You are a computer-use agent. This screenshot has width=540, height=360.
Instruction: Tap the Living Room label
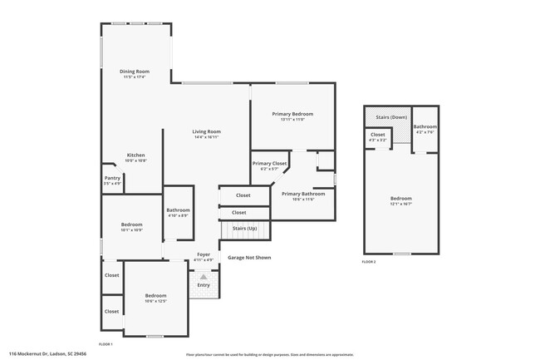pos(207,131)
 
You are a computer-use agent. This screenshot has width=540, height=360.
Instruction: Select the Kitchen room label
pos(136,155)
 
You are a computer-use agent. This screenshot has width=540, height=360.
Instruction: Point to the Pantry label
pos(112,178)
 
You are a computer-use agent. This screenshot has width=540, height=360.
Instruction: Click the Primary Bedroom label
pos(293,113)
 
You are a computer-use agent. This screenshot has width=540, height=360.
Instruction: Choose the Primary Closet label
pos(269,164)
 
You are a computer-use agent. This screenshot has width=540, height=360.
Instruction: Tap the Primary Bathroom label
pos(297,194)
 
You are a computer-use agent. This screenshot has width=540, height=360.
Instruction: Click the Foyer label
pos(204,254)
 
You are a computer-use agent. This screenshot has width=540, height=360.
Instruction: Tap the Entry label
pos(204,284)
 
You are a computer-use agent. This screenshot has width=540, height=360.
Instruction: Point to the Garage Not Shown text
pos(249,258)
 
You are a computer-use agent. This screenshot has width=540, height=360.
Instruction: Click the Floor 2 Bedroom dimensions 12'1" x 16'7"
pos(401,204)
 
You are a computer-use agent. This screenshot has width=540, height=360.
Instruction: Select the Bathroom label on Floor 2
pos(425,126)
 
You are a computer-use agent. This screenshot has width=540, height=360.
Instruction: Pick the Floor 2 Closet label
pos(378,135)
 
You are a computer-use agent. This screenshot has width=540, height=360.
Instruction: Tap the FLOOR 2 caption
pos(369,262)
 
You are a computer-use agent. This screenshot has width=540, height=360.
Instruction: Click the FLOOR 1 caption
pos(106,343)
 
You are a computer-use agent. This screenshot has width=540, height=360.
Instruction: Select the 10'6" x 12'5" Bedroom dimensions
pos(156,301)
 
